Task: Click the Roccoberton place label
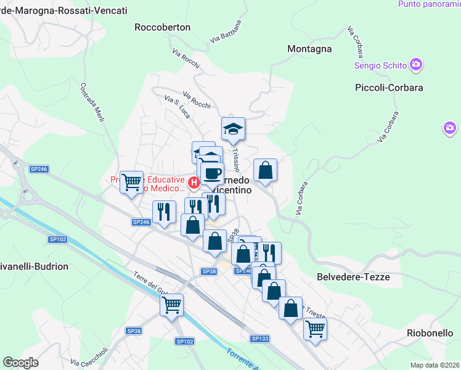[163, 27]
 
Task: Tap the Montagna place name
[309, 49]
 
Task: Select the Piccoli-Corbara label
[389, 88]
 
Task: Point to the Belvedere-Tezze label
[353, 277]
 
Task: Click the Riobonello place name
[431, 333]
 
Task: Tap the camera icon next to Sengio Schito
[416, 64]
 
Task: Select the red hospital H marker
[194, 182]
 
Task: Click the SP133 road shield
[260, 339]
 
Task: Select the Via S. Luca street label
[177, 107]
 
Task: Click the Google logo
[20, 363]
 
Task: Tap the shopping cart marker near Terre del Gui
[171, 304]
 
